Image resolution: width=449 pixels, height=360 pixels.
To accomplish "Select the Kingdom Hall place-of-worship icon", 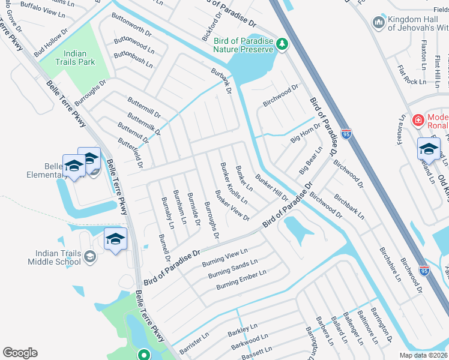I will point(379,23).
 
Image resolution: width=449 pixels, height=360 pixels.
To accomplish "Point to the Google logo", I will point(20,353).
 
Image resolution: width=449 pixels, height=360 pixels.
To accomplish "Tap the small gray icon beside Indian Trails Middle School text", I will point(89,257).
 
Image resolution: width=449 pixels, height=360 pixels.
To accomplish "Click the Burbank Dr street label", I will point(220,81).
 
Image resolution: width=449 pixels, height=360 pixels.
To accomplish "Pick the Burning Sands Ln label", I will point(232,268).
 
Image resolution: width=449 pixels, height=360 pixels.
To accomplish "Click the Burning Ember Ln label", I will point(241,279).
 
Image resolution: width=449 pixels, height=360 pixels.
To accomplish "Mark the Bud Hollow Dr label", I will point(51,43).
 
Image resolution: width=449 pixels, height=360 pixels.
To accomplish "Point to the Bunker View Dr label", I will point(232,205).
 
